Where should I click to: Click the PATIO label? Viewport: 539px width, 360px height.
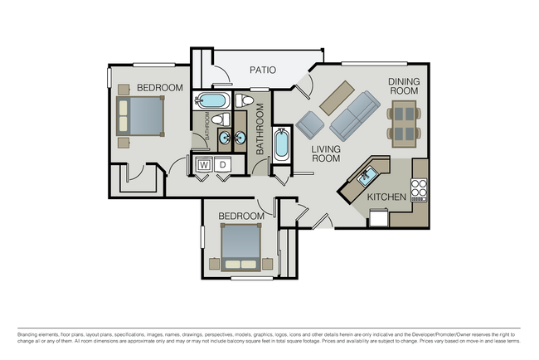pyautogui.click(x=262, y=71)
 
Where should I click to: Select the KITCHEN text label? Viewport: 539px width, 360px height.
pyautogui.click(x=386, y=197)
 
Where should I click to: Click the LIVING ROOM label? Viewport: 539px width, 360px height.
pyautogui.click(x=327, y=155)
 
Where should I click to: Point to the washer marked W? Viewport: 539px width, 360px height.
pyautogui.click(x=203, y=165)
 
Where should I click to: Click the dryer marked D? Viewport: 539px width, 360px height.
pyautogui.click(x=222, y=165)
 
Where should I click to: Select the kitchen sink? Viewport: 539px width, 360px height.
pyautogui.click(x=367, y=175)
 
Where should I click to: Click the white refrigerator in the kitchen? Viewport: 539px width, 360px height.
pyautogui.click(x=379, y=217)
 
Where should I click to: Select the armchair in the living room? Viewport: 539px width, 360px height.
pyautogui.click(x=309, y=124)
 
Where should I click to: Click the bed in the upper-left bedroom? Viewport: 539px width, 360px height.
pyautogui.click(x=142, y=115)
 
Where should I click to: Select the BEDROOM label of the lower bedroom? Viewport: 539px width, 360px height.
pyautogui.click(x=240, y=216)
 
